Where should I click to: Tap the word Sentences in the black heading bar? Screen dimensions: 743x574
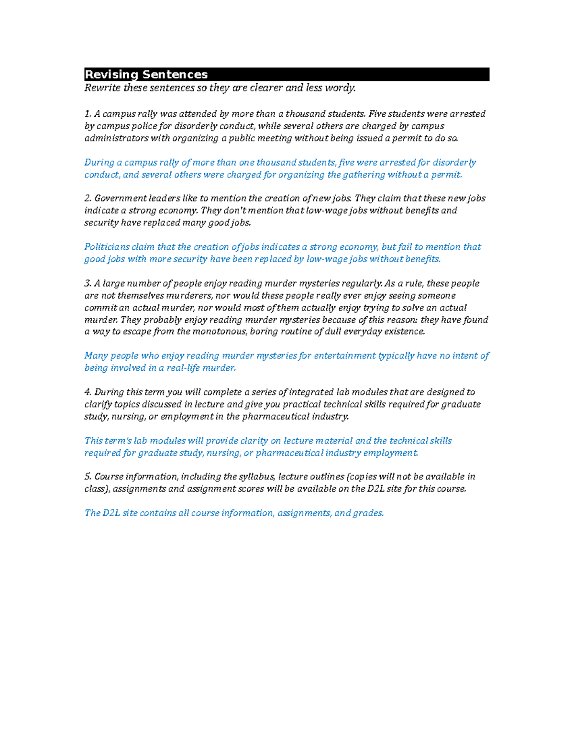pos(175,75)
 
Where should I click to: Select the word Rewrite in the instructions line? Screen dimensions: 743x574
pos(102,88)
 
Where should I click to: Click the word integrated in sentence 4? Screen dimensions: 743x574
pos(310,392)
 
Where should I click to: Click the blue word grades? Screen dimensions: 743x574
pos(368,513)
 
